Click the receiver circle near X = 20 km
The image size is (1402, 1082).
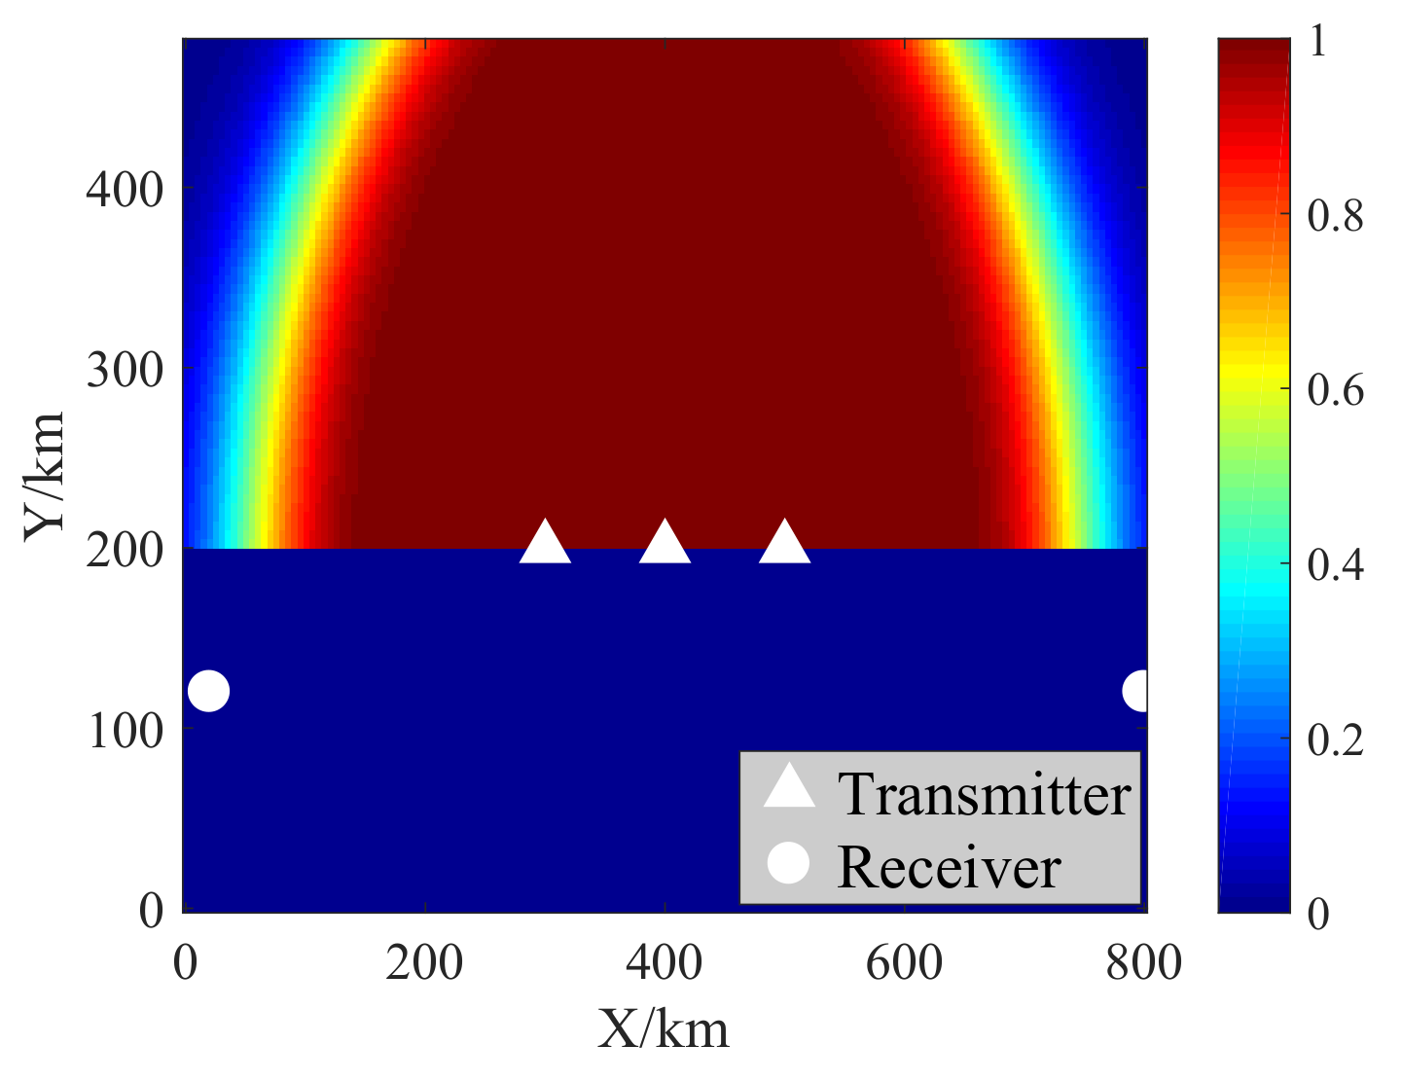click(x=208, y=692)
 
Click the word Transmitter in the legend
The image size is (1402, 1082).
click(x=984, y=794)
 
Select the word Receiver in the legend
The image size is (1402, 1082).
click(x=949, y=866)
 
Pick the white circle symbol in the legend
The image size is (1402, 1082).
click(x=788, y=864)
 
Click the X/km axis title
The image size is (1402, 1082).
click(x=664, y=1029)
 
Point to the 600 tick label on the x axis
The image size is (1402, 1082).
click(x=904, y=963)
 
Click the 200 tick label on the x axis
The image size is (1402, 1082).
click(x=424, y=963)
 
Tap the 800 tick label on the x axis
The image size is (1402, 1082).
click(x=1143, y=963)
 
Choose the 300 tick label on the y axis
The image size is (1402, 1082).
click(x=125, y=371)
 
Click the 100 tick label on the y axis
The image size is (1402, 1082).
click(x=125, y=731)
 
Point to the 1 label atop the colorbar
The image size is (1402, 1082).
click(x=1318, y=44)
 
